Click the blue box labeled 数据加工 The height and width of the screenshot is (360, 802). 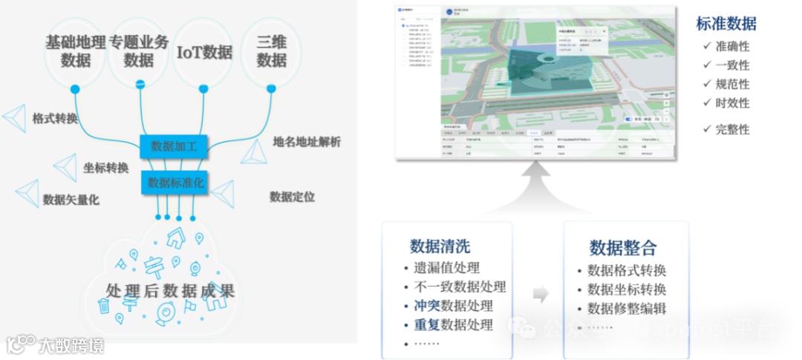click(x=174, y=146)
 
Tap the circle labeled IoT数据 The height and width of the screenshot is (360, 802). click(x=204, y=52)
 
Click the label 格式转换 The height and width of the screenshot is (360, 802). click(x=54, y=119)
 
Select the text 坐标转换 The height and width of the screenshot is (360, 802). click(x=106, y=168)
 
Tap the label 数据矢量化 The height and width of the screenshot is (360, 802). click(x=71, y=200)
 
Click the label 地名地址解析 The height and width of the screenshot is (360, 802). click(x=307, y=142)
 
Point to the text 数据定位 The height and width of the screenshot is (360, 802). click(x=292, y=197)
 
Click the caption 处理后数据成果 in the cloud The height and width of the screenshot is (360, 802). click(x=170, y=291)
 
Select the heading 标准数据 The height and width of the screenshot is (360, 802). click(x=726, y=24)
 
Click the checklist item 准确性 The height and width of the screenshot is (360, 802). click(x=732, y=46)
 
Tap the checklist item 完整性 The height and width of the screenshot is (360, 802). click(x=732, y=129)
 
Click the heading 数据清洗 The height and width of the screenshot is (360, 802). click(x=440, y=246)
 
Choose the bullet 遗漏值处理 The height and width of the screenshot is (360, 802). click(x=446, y=268)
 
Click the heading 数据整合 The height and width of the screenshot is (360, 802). click(x=623, y=248)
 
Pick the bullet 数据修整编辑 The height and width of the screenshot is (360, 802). click(x=627, y=309)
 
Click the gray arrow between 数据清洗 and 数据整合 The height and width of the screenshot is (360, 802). click(x=541, y=294)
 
